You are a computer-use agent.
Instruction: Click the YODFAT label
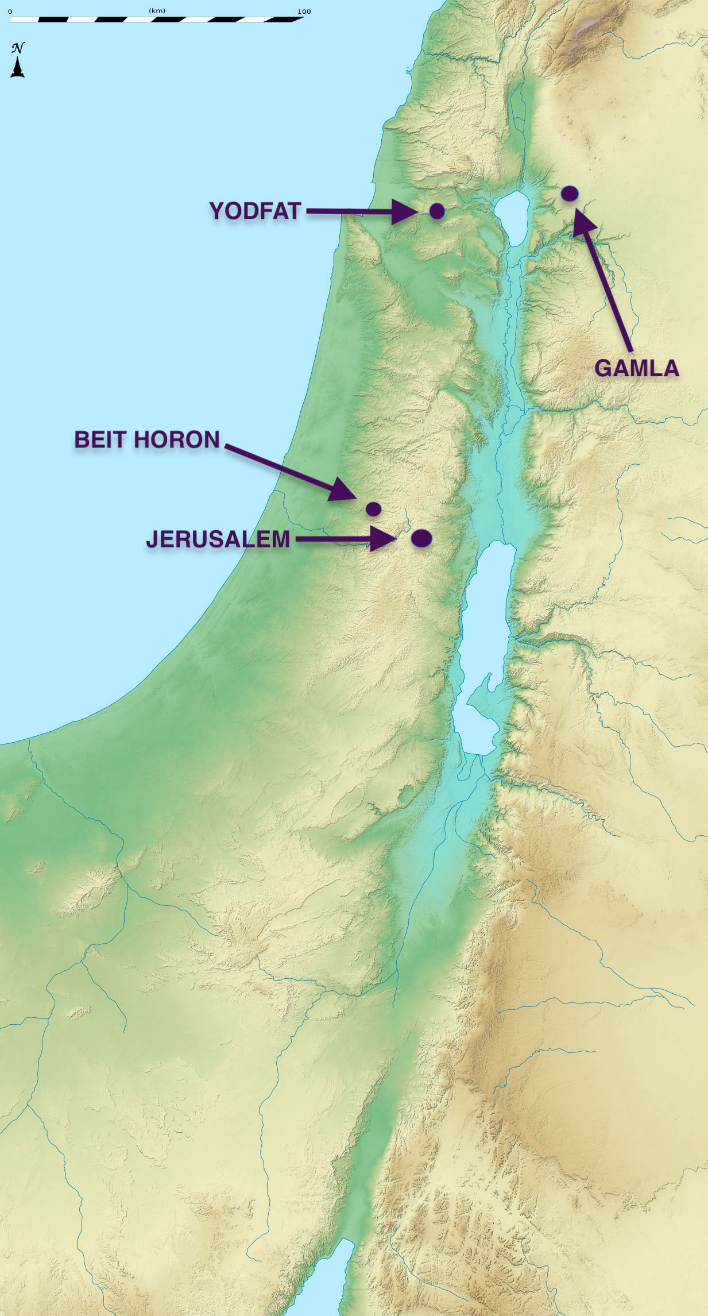pos(255,211)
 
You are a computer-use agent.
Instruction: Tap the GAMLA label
pos(637,368)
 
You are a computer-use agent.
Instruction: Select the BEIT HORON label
pos(147,440)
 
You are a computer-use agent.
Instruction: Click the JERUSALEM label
pos(218,540)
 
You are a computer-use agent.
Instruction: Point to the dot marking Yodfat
pos(437,211)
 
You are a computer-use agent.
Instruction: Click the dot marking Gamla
pos(569,194)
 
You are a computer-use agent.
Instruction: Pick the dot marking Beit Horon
pos(373,508)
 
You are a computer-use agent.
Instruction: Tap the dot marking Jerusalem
pos(421,538)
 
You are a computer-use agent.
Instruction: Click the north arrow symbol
pos(18,67)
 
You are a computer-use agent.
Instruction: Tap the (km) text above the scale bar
pos(157,11)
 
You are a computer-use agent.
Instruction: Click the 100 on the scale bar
pos(304,11)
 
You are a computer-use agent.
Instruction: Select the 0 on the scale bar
pos(10,11)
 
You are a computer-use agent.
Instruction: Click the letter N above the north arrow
pos(18,48)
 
